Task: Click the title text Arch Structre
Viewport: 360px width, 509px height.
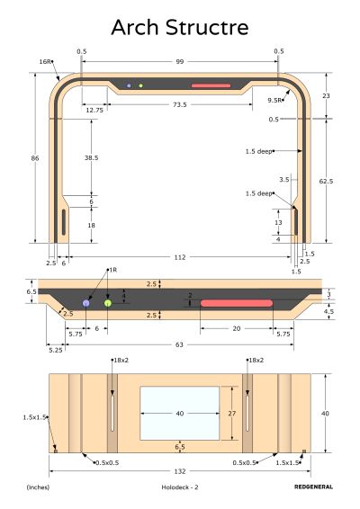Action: coord(180,27)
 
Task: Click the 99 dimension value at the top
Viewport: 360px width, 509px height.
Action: coord(180,62)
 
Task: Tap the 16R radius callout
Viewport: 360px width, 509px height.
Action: coord(45,61)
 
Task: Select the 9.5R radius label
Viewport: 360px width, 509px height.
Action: coord(274,101)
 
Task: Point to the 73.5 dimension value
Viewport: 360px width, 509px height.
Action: coord(180,104)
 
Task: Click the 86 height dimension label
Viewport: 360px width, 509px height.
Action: coord(35,158)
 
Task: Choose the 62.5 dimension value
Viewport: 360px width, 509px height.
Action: coord(326,181)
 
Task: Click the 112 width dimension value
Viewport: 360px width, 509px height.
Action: coord(180,257)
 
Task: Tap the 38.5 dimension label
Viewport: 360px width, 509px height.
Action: coord(91,157)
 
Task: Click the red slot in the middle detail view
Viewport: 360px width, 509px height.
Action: coord(237,303)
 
